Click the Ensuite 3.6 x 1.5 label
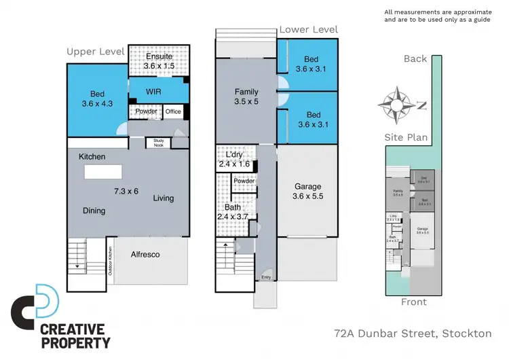click(x=159, y=62)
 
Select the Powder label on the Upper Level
click(x=147, y=111)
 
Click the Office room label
click(x=173, y=111)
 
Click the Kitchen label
click(x=92, y=157)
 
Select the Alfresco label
click(x=145, y=255)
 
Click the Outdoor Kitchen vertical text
click(x=110, y=262)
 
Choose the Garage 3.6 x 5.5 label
click(x=307, y=191)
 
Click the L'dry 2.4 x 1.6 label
click(x=234, y=160)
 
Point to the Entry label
click(x=266, y=278)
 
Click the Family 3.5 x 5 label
click(x=246, y=96)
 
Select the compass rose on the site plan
click(x=395, y=103)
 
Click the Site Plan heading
click(x=406, y=137)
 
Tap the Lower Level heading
click(x=308, y=30)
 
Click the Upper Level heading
click(x=96, y=52)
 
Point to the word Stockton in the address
click(x=467, y=334)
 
